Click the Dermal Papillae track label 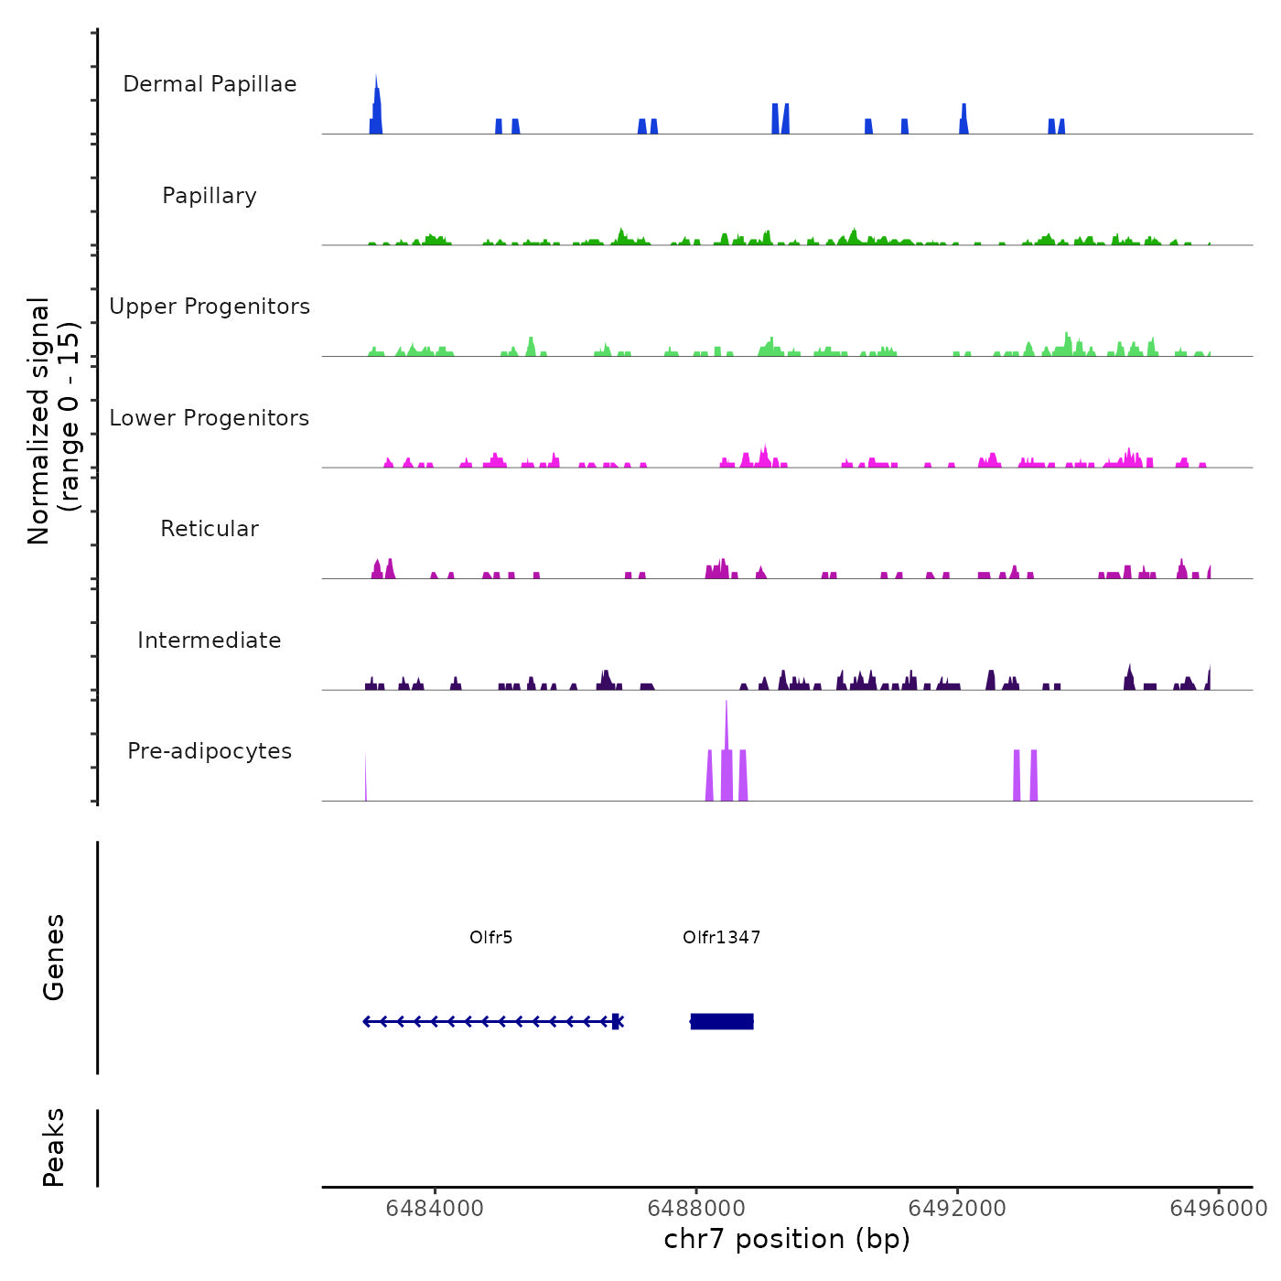210,84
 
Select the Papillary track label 210,196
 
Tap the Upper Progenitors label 210,307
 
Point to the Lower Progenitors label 210,418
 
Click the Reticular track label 210,529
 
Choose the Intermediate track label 210,640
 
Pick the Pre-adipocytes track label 210,751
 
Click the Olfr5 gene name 491,937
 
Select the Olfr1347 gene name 722,937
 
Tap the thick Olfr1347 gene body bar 723,1021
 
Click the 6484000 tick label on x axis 435,1208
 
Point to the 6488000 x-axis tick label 695,1208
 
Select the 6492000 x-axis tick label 957,1208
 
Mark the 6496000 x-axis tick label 1219,1208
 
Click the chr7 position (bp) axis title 787,1239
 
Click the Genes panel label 54,957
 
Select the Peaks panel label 54,1147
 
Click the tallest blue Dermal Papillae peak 376,101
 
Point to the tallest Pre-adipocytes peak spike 727,732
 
